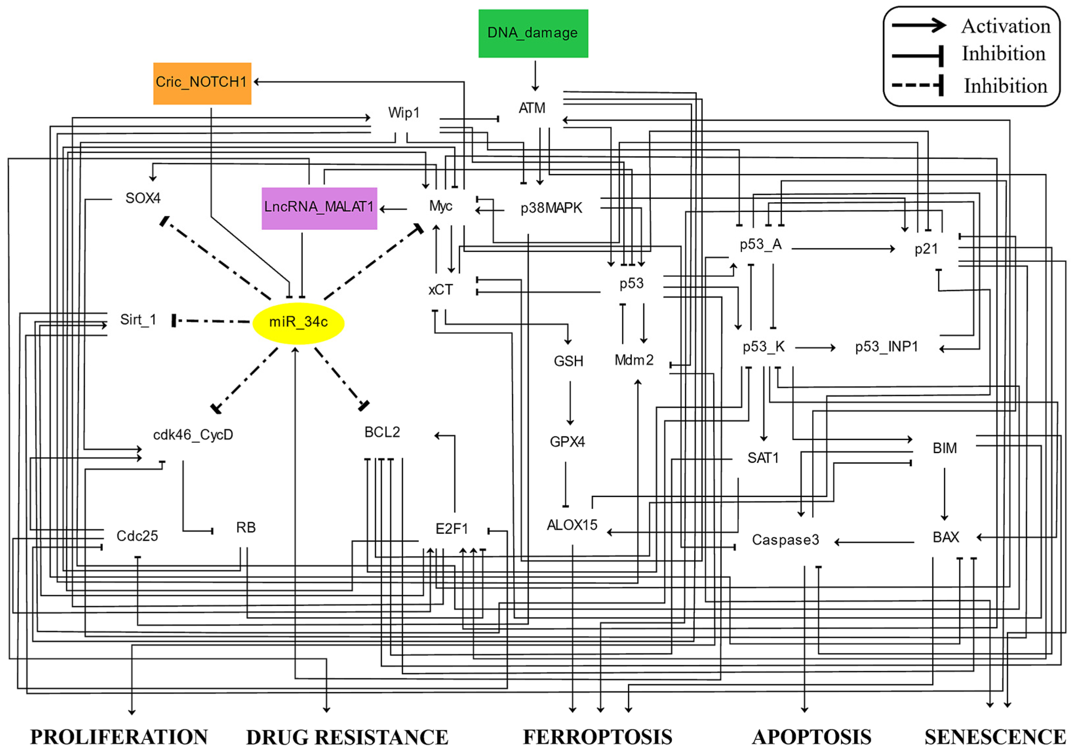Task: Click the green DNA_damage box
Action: pos(533,33)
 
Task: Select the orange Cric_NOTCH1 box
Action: pos(202,83)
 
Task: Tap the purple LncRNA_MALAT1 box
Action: pos(319,208)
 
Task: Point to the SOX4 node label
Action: pos(143,198)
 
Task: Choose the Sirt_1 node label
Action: pos(138,320)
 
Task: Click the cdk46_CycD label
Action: pos(193,435)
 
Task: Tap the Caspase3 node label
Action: pos(785,540)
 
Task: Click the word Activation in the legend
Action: pos(1006,26)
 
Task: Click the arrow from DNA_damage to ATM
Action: pos(535,75)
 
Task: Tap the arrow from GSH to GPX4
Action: pos(570,402)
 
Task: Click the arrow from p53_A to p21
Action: pos(842,249)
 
